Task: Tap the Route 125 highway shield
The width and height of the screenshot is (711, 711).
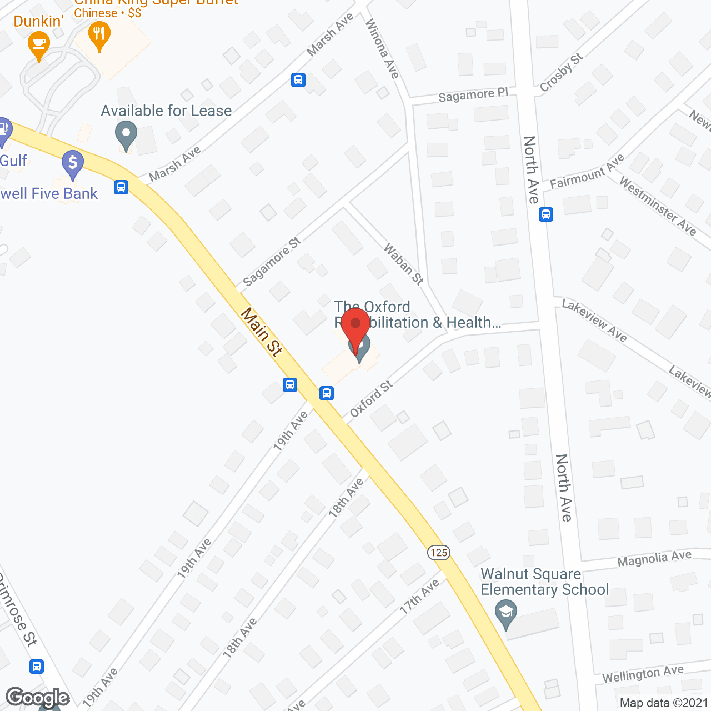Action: coord(439,552)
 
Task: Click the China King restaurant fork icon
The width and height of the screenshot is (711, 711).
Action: coord(99,34)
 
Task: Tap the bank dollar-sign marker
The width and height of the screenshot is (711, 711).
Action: coord(73,165)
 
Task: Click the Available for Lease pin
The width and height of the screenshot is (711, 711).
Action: coord(126,135)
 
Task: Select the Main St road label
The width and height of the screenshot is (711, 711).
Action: coord(261,332)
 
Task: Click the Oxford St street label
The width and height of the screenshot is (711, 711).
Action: coord(371,399)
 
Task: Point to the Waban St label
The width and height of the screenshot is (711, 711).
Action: coord(404,264)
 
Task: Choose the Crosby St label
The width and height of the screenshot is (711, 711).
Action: coord(562,72)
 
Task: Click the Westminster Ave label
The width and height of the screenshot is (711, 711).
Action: coord(658,206)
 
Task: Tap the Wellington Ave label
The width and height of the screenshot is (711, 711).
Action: coord(643,674)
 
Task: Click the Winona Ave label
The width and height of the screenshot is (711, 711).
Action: coord(382,48)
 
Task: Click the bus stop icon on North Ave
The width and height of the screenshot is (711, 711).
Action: coord(546,214)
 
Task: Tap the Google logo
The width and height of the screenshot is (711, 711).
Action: coord(38,698)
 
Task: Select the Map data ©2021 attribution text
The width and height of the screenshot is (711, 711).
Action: coord(664,703)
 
